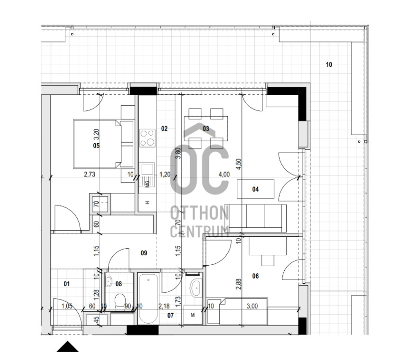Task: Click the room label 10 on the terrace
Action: pos(329,65)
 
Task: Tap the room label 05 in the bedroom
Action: pos(96,146)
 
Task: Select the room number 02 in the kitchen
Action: pos(165,129)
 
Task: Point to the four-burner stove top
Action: pos(147,138)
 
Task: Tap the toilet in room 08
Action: pos(120,301)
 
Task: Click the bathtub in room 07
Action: pos(148,299)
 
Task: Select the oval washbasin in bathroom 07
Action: pos(195,288)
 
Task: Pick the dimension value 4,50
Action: pos(239,165)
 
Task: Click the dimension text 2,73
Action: pos(90,175)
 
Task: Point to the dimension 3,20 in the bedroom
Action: pos(96,135)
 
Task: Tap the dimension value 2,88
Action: pos(239,284)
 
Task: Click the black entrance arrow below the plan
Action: pos(67,347)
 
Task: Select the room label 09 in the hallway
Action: pos(144,253)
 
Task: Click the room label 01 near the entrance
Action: pos(66,284)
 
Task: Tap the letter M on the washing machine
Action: pos(193,316)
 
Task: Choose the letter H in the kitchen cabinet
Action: pos(147,203)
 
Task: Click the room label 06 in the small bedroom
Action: pos(255,276)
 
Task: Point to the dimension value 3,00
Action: pos(252,306)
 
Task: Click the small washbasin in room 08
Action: pos(109,282)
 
